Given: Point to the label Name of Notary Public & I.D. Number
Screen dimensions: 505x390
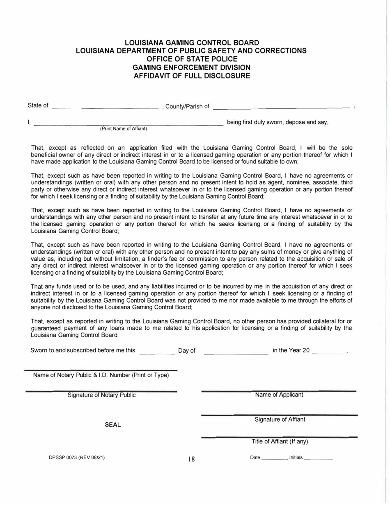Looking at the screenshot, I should [x=101, y=375].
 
